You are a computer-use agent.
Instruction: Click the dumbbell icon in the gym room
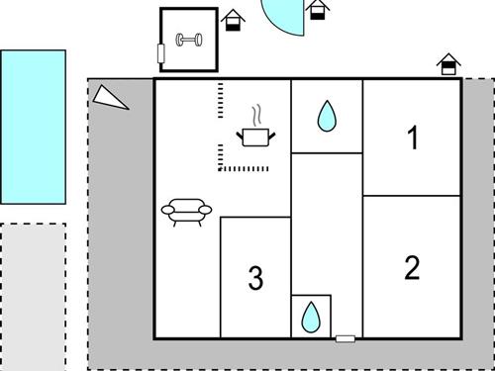[x=189, y=40]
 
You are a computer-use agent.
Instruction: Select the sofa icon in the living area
[x=186, y=212]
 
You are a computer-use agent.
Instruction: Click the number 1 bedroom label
[x=413, y=138]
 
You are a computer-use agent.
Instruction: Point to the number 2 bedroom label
[x=412, y=267]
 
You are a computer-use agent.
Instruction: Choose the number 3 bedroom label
[x=255, y=278]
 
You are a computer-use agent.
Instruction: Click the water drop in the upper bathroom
[x=327, y=116]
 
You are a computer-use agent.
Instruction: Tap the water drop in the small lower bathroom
[x=311, y=318]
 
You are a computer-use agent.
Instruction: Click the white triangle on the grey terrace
[x=109, y=98]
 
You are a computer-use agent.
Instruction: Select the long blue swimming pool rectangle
[x=34, y=127]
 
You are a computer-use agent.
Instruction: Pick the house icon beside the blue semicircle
[x=318, y=9]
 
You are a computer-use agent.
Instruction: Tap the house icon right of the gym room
[x=233, y=20]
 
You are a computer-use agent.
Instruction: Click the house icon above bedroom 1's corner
[x=448, y=64]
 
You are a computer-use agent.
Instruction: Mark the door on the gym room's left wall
[x=161, y=53]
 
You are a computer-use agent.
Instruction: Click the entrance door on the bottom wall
[x=346, y=338]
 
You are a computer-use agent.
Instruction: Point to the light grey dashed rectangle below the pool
[x=33, y=297]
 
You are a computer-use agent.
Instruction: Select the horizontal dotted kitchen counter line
[x=244, y=169]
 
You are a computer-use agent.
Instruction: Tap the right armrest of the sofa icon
[x=205, y=210]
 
